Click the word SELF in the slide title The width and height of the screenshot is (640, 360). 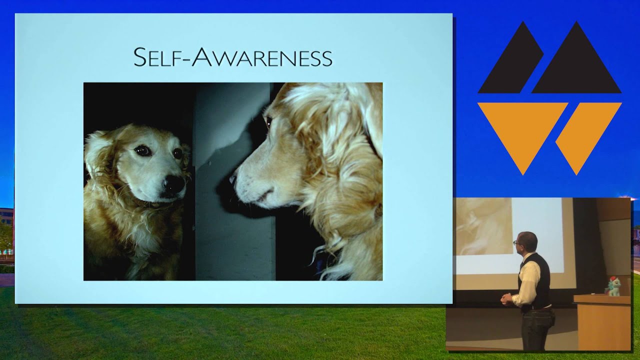[x=158, y=57]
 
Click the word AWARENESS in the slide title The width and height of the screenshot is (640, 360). [x=262, y=57]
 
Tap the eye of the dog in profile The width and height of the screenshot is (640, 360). [x=268, y=121]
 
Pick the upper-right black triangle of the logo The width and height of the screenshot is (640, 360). [x=577, y=62]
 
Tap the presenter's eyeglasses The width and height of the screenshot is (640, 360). [x=516, y=243]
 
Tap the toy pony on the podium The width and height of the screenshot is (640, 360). [x=612, y=286]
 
